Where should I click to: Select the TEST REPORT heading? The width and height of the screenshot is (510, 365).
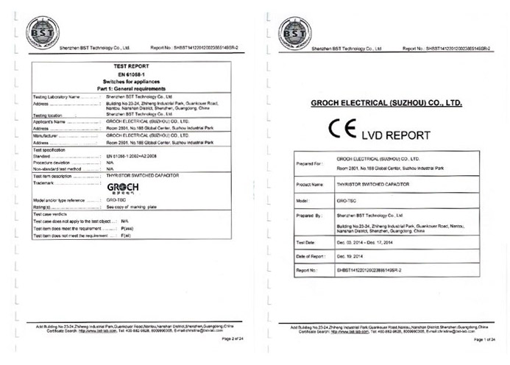click(x=131, y=67)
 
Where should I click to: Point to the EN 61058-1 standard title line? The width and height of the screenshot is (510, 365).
click(x=131, y=74)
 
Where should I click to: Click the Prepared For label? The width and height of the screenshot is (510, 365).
click(x=310, y=163)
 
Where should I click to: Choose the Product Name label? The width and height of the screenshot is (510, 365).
click(x=311, y=184)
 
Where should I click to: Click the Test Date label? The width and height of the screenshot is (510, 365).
click(x=306, y=242)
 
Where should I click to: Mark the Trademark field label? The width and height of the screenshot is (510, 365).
click(x=46, y=182)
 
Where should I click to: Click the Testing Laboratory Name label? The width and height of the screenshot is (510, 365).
click(x=58, y=96)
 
